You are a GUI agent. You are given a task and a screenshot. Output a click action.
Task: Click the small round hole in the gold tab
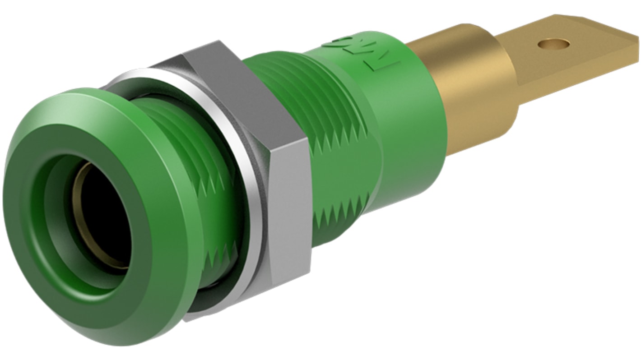554,44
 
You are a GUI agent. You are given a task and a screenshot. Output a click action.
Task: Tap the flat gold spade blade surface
582,59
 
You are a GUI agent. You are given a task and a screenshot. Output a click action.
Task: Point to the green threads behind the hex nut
311,90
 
